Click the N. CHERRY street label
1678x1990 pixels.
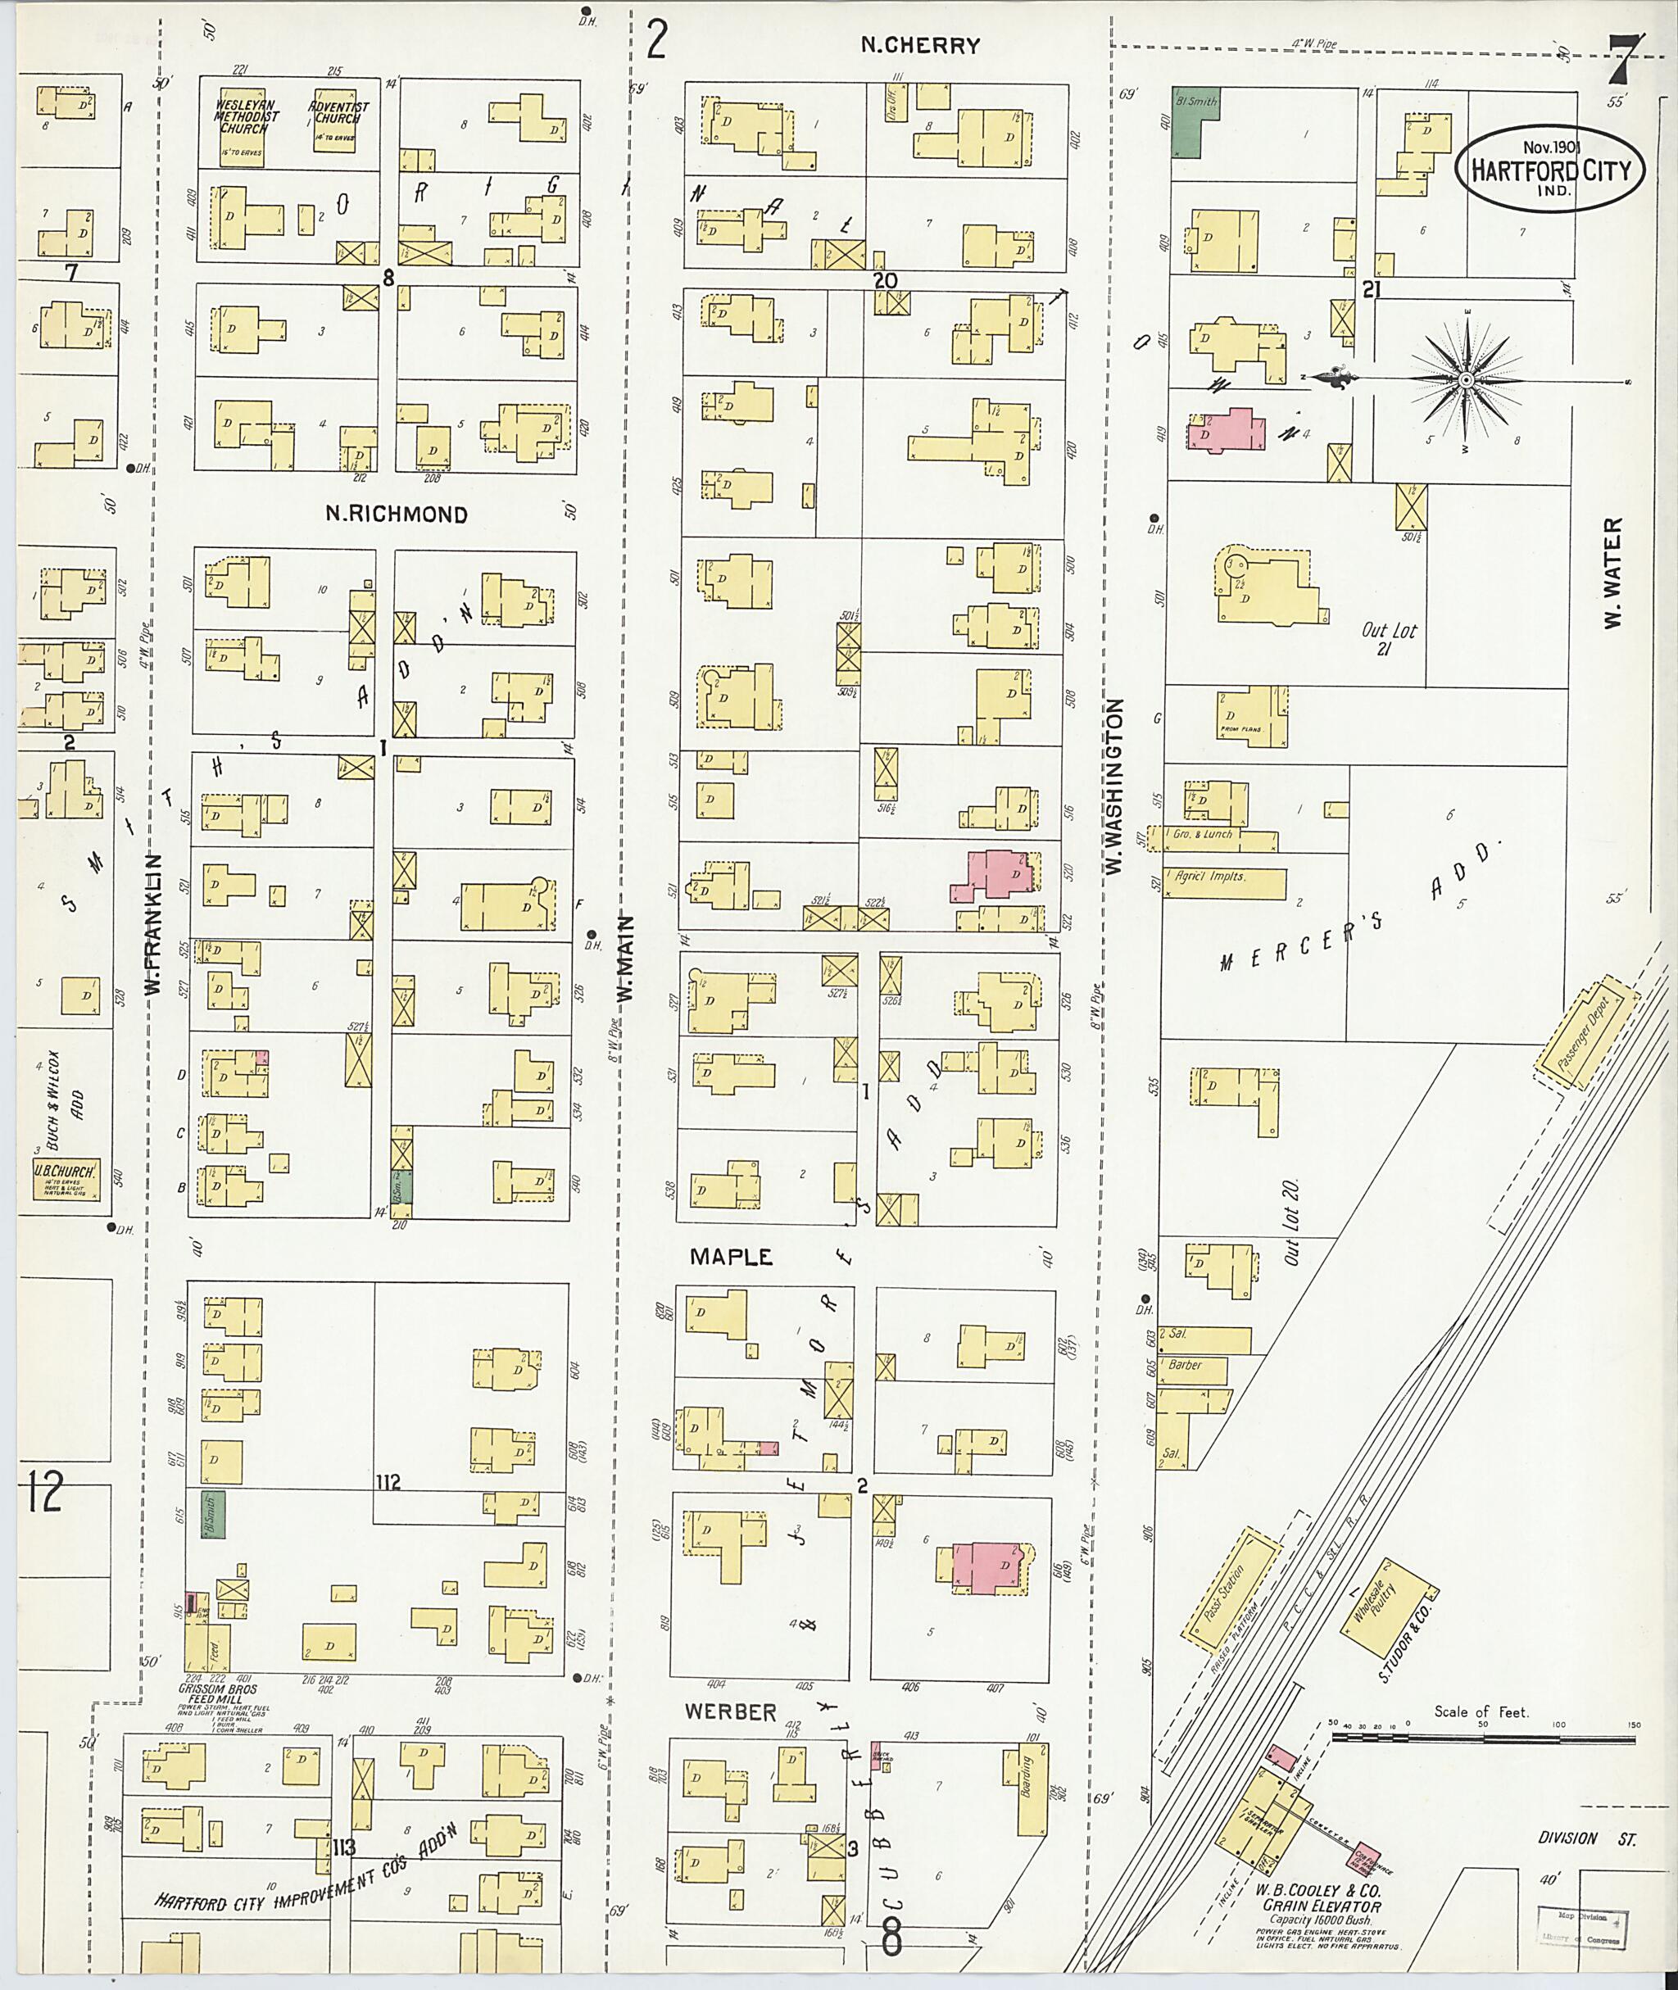click(x=920, y=45)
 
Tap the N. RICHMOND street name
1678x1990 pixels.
click(x=397, y=514)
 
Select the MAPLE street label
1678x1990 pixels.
click(x=732, y=1257)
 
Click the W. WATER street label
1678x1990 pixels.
click(x=1612, y=573)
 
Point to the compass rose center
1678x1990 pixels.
click(x=1466, y=380)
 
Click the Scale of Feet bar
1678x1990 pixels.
click(x=1484, y=1737)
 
